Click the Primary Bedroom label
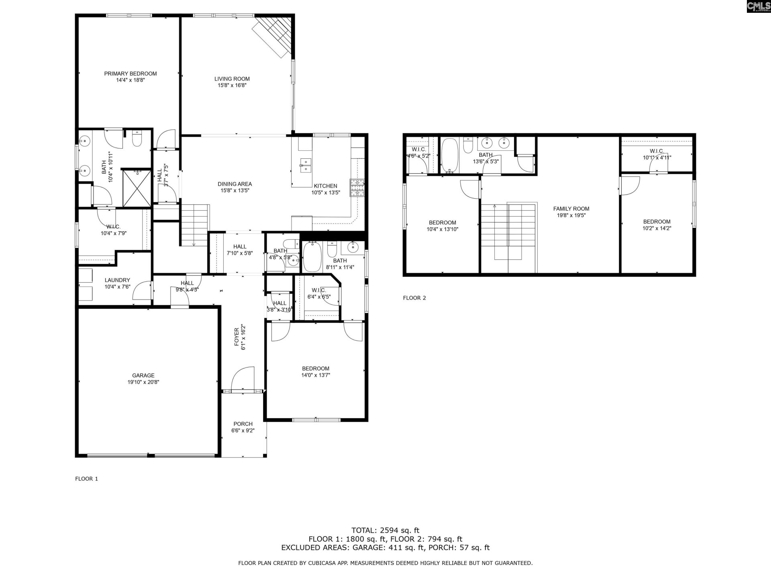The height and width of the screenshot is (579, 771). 130,74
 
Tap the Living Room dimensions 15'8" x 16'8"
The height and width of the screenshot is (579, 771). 232,85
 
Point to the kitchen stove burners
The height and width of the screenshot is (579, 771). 357,188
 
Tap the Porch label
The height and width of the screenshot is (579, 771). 243,424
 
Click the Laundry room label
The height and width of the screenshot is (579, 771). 117,280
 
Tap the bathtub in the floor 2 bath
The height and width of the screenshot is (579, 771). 449,156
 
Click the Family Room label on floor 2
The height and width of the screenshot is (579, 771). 571,209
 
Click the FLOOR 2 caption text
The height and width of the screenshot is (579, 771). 414,298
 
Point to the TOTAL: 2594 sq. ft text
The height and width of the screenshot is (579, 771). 385,530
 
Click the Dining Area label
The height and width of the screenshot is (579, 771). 235,184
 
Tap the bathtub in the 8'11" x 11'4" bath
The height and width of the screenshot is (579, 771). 311,257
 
